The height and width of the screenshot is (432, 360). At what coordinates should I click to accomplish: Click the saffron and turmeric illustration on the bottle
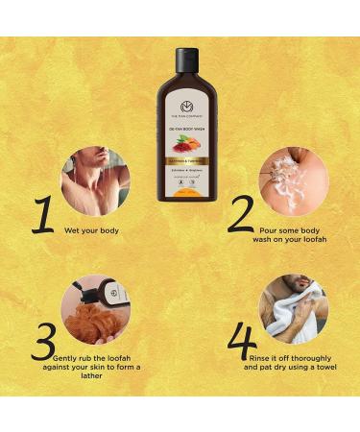coord(179,145)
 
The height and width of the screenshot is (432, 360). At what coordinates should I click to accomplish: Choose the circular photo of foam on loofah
coord(293,179)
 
